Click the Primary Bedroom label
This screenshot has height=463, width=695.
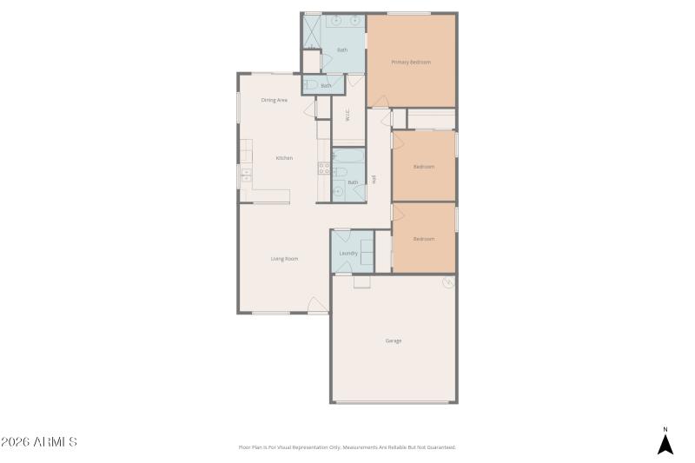click(411, 62)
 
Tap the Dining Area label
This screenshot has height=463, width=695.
click(275, 100)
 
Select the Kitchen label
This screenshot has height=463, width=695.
click(284, 158)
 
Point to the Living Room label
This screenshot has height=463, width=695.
click(285, 259)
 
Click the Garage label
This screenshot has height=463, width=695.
click(394, 341)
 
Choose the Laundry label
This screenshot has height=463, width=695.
click(348, 253)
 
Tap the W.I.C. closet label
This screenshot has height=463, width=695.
click(347, 117)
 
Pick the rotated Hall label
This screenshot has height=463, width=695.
click(374, 179)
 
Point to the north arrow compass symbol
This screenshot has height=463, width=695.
click(665, 442)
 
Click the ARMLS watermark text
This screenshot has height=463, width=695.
click(39, 442)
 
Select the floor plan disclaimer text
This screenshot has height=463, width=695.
click(347, 447)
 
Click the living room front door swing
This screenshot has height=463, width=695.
click(318, 305)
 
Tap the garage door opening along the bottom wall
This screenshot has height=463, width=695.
click(394, 402)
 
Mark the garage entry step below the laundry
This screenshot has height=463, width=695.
click(361, 281)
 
